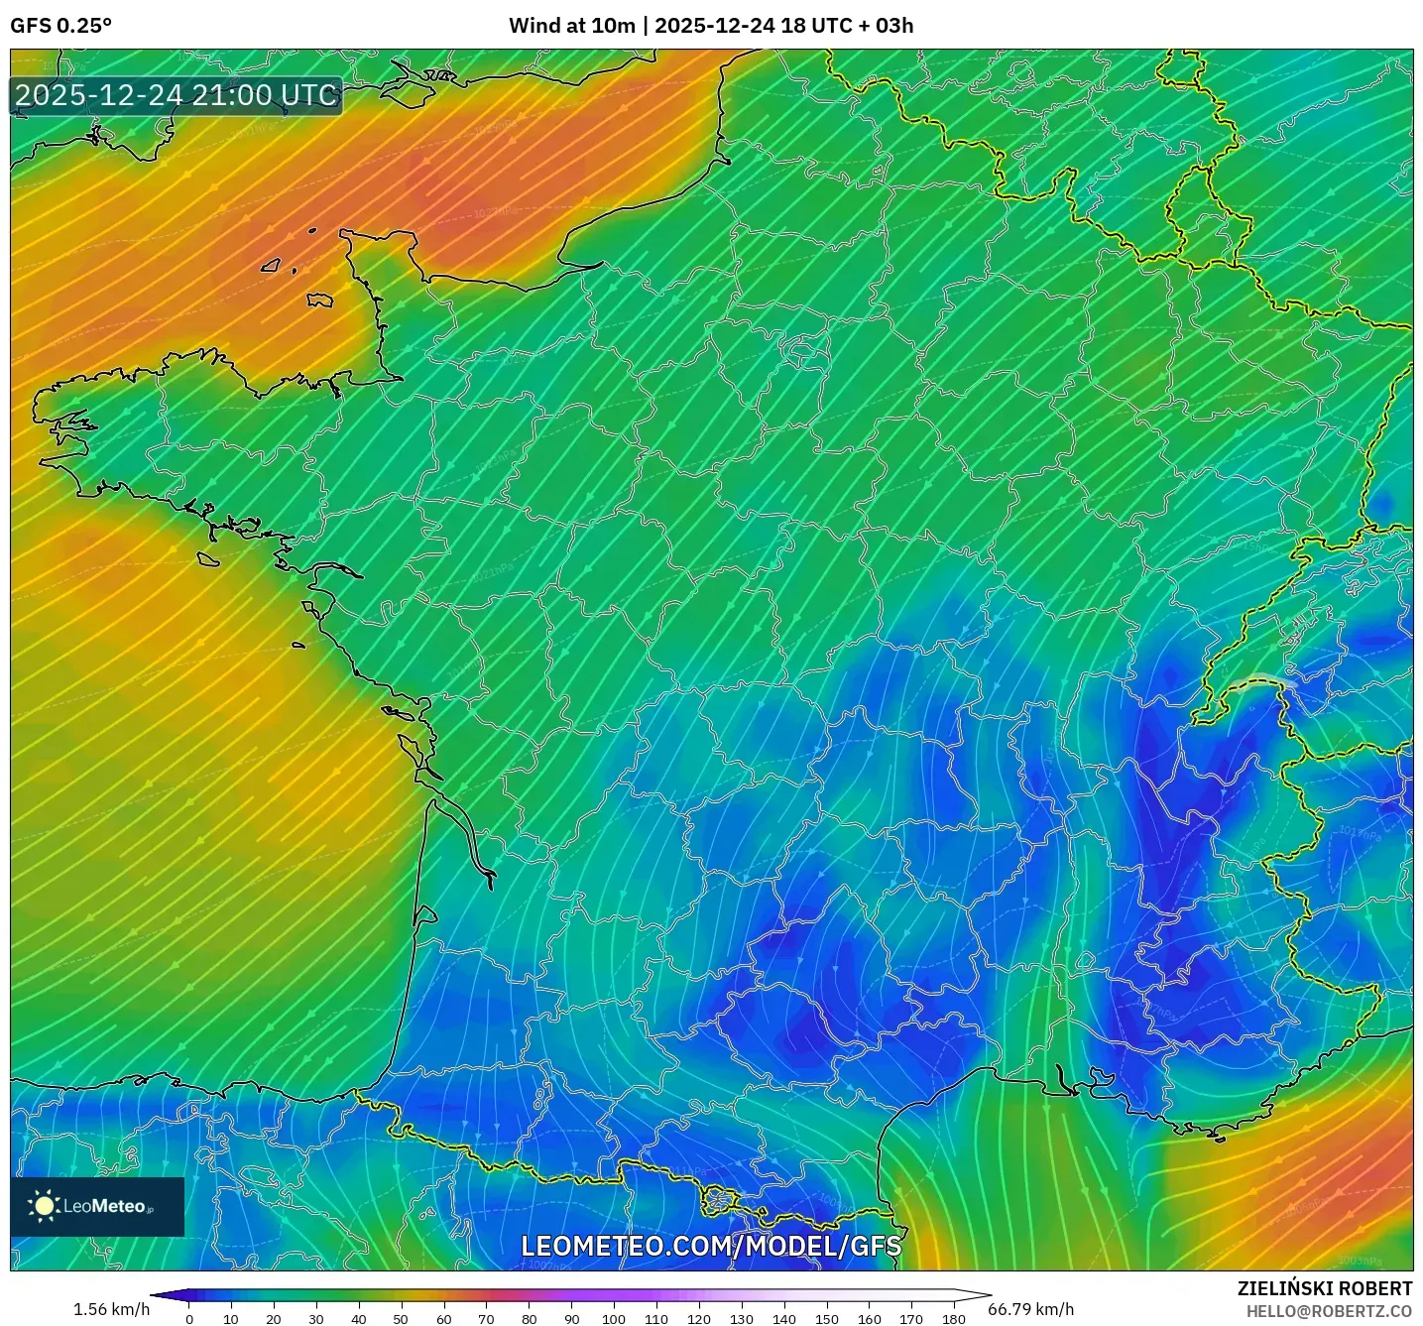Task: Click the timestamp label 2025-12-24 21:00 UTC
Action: pyautogui.click(x=177, y=95)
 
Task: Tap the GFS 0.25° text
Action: pyautogui.click(x=60, y=26)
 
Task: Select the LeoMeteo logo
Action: pyautogui.click(x=97, y=1206)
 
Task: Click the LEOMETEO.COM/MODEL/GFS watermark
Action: pyautogui.click(x=711, y=1246)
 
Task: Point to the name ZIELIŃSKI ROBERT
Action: pyautogui.click(x=1325, y=1288)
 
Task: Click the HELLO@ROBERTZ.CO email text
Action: pyautogui.click(x=1329, y=1311)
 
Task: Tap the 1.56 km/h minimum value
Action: pyautogui.click(x=111, y=1309)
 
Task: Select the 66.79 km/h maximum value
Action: pyautogui.click(x=1030, y=1309)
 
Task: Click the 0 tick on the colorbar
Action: pyautogui.click(x=189, y=1318)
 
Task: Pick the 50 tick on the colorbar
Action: pyautogui.click(x=401, y=1318)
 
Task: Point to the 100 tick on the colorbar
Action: pyautogui.click(x=614, y=1318)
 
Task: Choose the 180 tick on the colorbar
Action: pyautogui.click(x=954, y=1318)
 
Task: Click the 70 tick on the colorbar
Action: pyautogui.click(x=486, y=1318)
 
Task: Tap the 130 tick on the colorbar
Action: pyautogui.click(x=742, y=1318)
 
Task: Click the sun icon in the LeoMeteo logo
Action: pyautogui.click(x=44, y=1206)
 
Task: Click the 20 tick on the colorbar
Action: pyautogui.click(x=274, y=1318)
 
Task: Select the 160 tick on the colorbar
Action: pyautogui.click(x=870, y=1318)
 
